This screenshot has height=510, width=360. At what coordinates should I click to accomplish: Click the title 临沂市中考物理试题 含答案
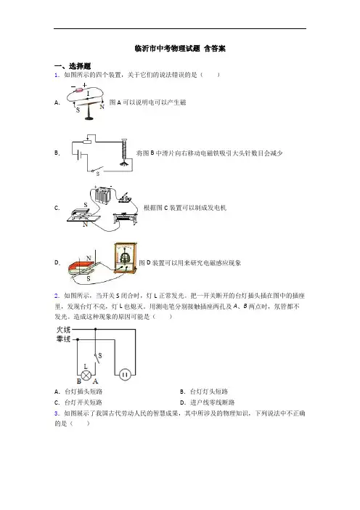coord(180,49)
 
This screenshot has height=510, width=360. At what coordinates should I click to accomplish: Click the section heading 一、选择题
coord(73,66)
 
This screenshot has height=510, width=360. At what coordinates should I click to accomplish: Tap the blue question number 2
coord(57,296)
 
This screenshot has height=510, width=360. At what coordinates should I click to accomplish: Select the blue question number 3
coord(57,413)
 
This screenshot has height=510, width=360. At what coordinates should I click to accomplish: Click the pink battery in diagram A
coord(80,90)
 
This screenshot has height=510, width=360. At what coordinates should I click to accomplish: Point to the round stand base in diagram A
coord(90,118)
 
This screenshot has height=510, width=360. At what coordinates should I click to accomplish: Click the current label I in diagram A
coord(89,94)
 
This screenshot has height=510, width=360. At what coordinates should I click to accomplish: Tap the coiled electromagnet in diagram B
coord(124,150)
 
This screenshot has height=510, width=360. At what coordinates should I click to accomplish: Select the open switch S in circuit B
coord(97,170)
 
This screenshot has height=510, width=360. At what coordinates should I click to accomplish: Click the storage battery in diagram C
coord(102,195)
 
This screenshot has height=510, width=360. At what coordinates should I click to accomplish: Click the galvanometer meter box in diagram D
coord(126,257)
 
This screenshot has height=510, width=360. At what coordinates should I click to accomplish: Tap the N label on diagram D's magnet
coord(89,259)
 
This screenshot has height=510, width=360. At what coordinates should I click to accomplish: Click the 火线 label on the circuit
coord(63,330)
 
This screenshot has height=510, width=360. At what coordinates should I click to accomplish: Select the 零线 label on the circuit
coord(63,339)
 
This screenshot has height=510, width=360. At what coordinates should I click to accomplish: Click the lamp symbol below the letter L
coord(86,375)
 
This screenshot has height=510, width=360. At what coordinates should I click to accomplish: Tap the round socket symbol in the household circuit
coord(125,375)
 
